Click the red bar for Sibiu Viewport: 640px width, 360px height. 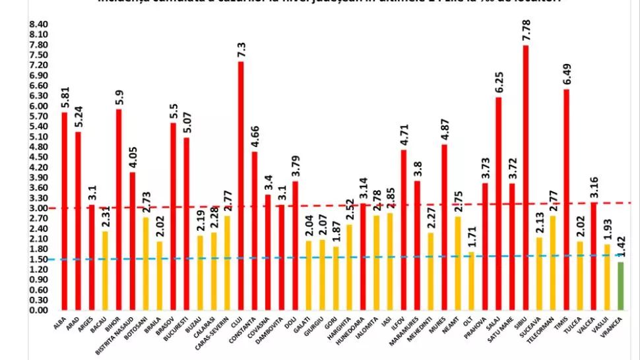click(x=525, y=178)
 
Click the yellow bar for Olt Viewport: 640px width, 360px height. click(x=471, y=281)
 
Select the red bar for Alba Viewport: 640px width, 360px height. click(x=65, y=211)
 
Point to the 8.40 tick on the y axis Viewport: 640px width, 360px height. click(x=38, y=24)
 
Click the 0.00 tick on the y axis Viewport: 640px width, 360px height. click(x=38, y=310)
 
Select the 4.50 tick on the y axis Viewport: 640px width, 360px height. click(x=38, y=157)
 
